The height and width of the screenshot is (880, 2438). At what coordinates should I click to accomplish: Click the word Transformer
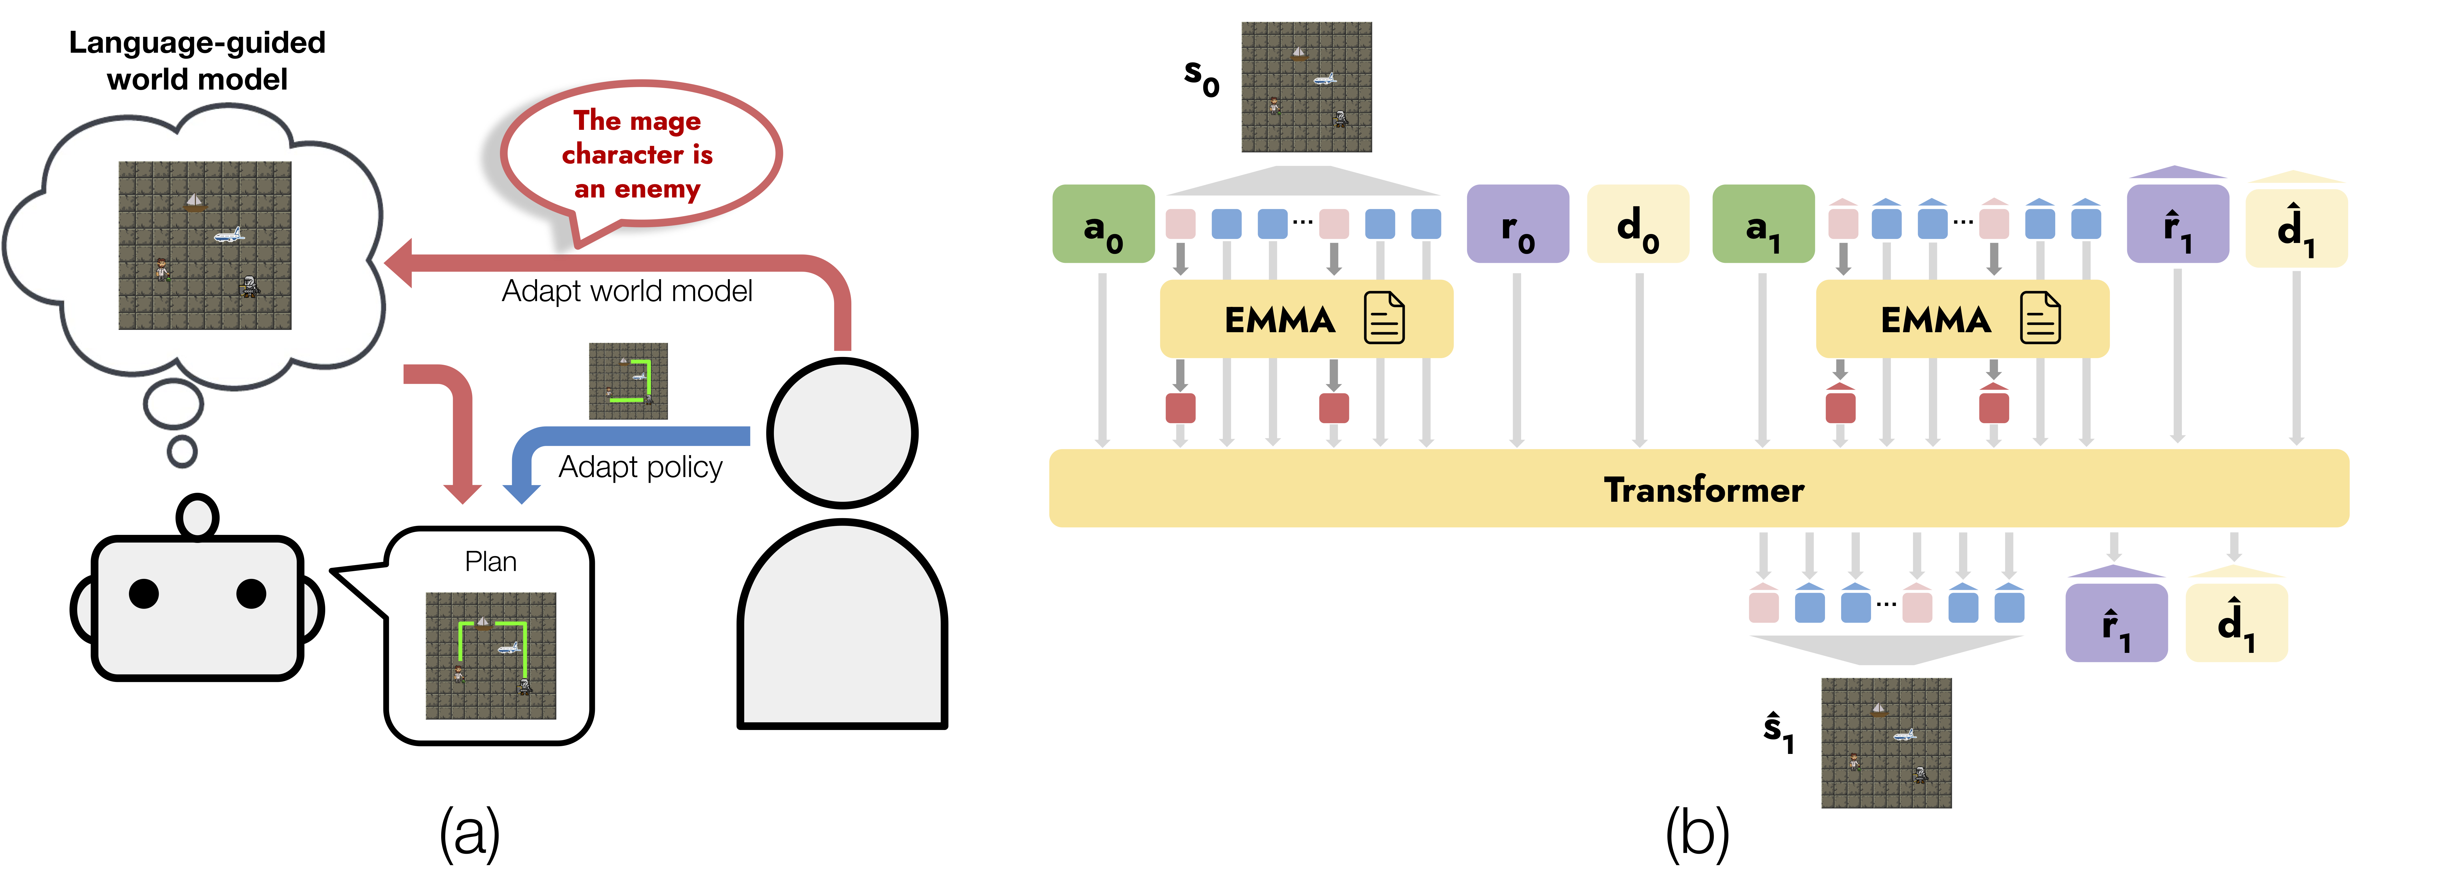click(x=1704, y=489)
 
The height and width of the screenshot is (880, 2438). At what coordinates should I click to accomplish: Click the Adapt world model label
click(x=627, y=290)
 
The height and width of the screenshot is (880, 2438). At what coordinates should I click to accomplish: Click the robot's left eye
click(x=144, y=593)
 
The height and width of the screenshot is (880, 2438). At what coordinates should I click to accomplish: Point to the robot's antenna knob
click(x=198, y=517)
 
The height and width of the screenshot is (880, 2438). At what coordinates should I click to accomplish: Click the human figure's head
click(x=841, y=433)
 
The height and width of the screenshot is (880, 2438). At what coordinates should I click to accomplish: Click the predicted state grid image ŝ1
click(x=1886, y=743)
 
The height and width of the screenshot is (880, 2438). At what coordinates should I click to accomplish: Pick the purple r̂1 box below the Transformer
click(x=2116, y=623)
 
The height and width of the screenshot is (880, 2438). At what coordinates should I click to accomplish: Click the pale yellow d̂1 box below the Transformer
click(x=2237, y=623)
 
